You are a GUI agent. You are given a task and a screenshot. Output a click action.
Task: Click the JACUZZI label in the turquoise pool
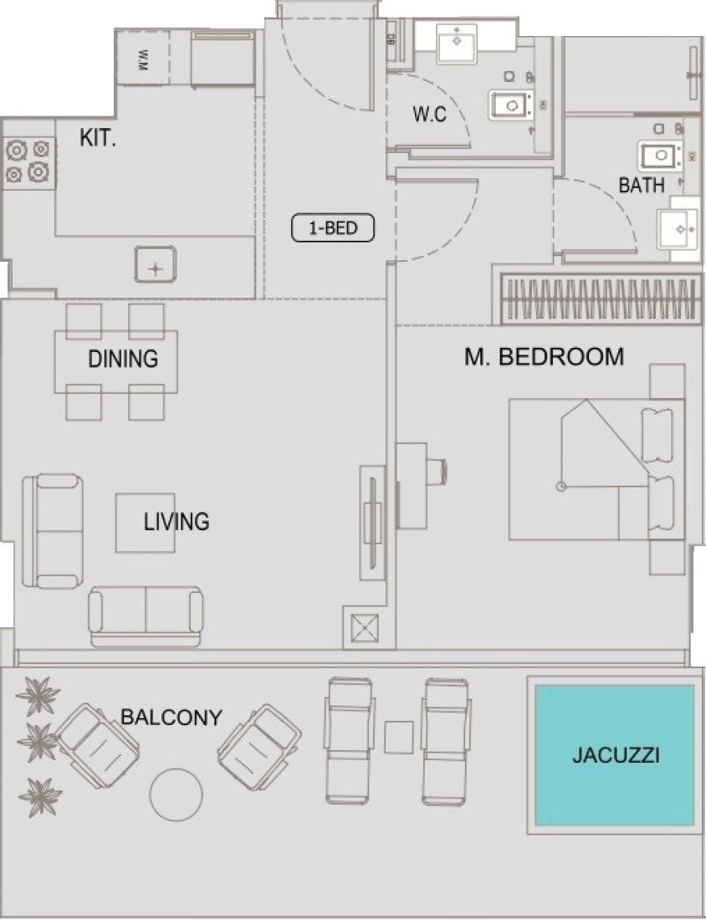point(616,755)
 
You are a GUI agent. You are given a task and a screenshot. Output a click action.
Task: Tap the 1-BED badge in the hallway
point(333,228)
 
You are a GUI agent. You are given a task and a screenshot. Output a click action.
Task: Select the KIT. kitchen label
point(97,139)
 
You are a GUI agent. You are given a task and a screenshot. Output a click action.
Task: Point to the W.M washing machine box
point(142,59)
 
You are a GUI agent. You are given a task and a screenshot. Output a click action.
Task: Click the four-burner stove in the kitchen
point(28,161)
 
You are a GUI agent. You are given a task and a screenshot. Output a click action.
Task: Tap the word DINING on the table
point(123,359)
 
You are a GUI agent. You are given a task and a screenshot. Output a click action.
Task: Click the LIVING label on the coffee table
point(176,522)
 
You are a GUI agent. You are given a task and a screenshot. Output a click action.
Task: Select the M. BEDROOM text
point(544,357)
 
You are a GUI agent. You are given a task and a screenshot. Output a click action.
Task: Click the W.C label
point(428,115)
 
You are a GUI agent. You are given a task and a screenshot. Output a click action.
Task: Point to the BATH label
point(641,185)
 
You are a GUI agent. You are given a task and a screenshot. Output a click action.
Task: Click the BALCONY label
point(171,718)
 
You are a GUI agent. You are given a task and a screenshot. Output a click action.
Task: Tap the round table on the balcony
point(176,795)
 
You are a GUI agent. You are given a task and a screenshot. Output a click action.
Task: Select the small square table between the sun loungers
point(399,736)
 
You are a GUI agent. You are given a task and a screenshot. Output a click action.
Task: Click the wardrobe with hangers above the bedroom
point(599,299)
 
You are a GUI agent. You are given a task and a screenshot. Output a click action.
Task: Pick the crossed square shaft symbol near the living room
point(365,627)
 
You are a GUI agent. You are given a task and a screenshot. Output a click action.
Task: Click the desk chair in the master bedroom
point(437,471)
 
